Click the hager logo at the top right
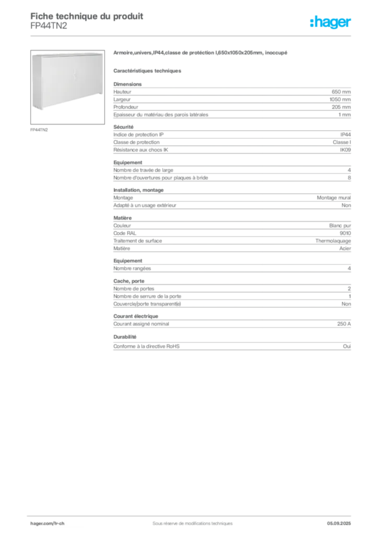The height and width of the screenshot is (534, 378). point(330,22)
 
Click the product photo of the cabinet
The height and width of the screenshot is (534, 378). point(67,87)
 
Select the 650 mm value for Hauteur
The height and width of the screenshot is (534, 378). point(341,92)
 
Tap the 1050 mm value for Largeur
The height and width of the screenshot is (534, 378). point(340,100)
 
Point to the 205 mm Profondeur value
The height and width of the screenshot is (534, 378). point(341,107)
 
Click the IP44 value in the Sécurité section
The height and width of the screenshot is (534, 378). point(345,135)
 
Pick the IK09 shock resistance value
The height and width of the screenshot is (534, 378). point(345,150)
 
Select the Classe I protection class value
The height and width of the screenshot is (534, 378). point(341,142)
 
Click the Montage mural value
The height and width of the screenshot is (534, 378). point(334,198)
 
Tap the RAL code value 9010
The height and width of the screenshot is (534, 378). point(345,233)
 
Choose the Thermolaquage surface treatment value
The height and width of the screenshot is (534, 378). point(333,241)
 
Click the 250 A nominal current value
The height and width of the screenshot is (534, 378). point(344,324)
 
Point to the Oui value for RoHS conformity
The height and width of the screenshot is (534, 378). point(347,346)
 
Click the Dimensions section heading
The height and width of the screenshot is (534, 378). point(127,84)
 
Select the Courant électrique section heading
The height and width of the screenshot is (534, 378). point(136,316)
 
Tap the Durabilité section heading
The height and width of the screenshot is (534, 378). point(125,337)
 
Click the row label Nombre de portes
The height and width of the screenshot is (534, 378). point(134,289)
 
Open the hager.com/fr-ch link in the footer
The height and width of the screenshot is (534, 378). point(48,524)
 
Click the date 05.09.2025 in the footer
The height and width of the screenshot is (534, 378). point(339,524)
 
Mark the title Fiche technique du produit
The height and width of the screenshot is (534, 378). point(87,16)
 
